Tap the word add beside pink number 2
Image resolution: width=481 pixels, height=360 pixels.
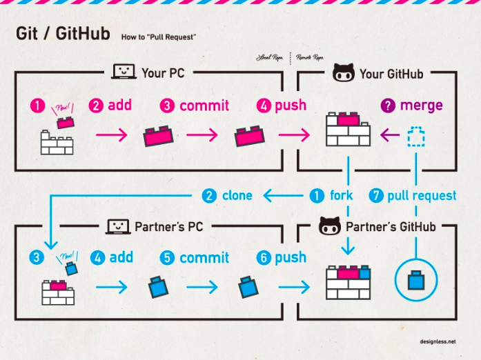(119, 106)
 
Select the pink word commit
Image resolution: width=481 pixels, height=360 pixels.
(204, 106)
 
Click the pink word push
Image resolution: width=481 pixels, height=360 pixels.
(291, 106)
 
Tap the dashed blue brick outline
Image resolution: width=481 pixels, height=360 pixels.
(416, 137)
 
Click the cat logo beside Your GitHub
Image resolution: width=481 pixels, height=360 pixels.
(344, 72)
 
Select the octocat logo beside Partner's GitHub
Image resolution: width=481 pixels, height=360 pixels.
(330, 226)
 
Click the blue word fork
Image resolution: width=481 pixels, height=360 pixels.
(341, 195)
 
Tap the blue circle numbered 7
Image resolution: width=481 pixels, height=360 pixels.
(376, 195)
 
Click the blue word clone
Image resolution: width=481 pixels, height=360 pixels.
(237, 195)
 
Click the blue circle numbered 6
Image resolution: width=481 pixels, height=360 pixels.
(263, 257)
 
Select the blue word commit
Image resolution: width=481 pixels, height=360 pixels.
(204, 258)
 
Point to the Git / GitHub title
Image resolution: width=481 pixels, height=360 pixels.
(62, 34)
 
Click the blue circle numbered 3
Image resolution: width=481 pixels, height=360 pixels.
(35, 257)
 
